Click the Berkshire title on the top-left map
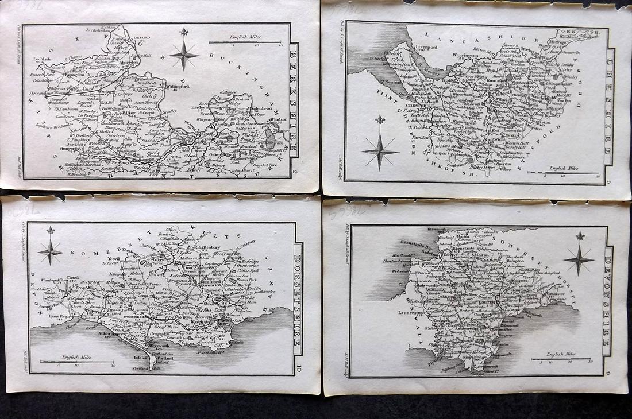[x=293, y=101]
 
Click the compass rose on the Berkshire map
[x=184, y=54]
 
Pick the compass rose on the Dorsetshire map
[x=50, y=249]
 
